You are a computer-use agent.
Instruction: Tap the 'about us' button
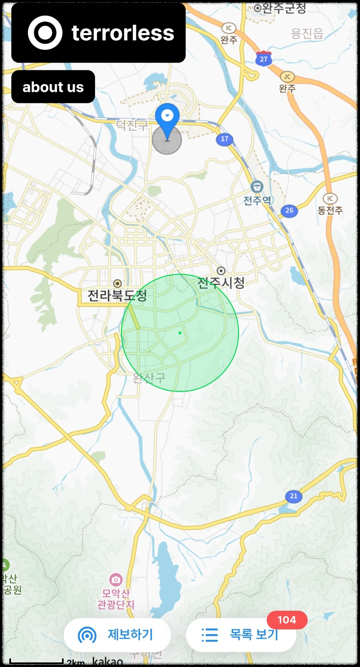coord(53,87)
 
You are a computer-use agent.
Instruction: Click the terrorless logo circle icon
coord(45,33)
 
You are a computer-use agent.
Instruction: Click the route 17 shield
coord(225,139)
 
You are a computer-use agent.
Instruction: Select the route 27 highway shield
coord(263,59)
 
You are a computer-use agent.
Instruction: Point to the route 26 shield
coord(289,210)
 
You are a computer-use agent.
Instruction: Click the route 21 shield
coord(294,496)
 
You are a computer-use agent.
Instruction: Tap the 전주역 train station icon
coord(257,187)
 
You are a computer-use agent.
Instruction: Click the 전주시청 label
coord(221,282)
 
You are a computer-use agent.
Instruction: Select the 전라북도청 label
coord(117,296)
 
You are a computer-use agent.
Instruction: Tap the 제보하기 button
coord(117,635)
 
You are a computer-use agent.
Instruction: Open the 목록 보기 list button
coord(241,635)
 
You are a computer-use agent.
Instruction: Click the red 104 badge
coord(287,620)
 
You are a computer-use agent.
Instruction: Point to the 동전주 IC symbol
coord(330,199)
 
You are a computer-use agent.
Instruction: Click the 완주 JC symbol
coord(287,76)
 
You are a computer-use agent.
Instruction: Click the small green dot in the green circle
coord(180,333)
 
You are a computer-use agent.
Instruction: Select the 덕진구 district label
coord(132,125)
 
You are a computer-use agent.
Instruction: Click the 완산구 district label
coord(149,378)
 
